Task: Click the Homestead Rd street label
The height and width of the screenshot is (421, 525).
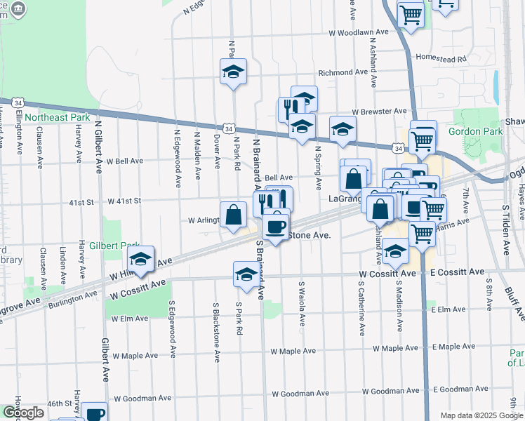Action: pyautogui.click(x=441, y=58)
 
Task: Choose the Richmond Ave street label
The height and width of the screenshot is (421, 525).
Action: pyautogui.click(x=343, y=72)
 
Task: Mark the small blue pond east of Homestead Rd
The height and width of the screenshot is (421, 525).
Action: pyautogui.click(x=496, y=86)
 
